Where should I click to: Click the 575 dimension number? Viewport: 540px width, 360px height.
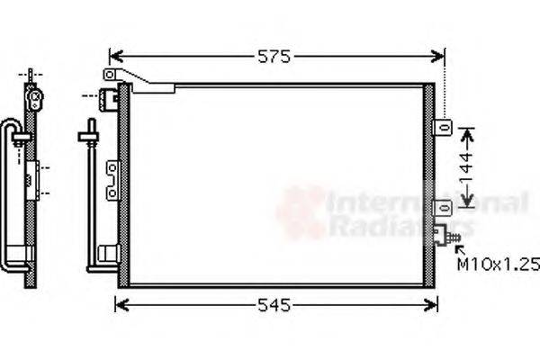tap(274, 57)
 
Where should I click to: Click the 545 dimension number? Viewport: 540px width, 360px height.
tap(272, 306)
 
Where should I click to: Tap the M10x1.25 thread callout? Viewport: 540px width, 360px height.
tap(498, 265)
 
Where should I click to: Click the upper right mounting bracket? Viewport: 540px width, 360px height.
tap(442, 128)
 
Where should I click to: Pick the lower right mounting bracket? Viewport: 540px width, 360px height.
tap(442, 209)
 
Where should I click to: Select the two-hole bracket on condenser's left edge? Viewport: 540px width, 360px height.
tap(112, 179)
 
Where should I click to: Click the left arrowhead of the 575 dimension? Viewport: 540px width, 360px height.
tap(112, 57)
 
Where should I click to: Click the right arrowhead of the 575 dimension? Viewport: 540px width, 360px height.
tap(441, 57)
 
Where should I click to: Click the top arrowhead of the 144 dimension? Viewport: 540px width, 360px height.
tap(466, 132)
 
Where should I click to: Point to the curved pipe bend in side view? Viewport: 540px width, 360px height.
tap(9, 126)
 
